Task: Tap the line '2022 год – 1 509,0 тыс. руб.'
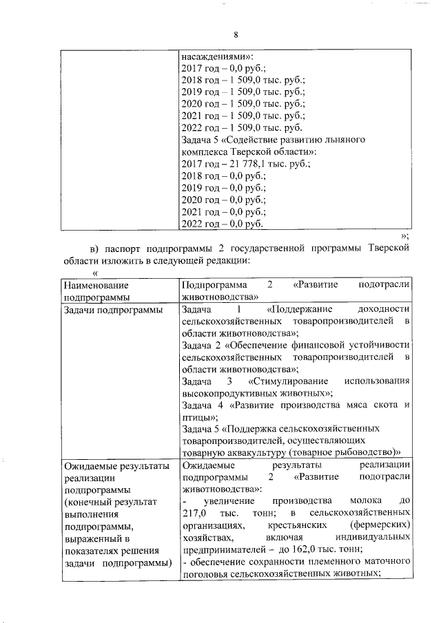pos(241,127)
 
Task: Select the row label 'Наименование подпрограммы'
pos(96,291)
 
